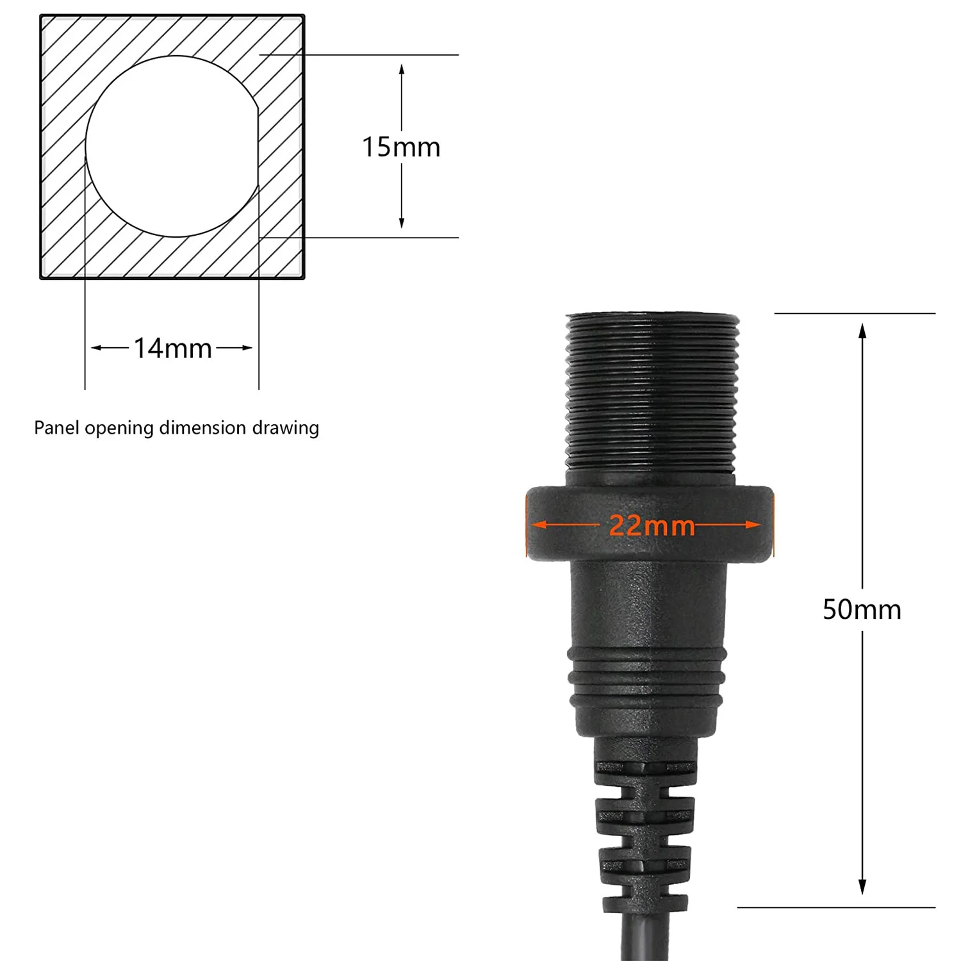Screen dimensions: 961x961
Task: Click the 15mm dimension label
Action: point(401,147)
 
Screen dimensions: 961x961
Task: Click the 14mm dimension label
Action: point(172,349)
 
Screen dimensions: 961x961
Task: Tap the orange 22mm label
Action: point(651,525)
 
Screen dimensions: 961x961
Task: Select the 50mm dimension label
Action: point(862,609)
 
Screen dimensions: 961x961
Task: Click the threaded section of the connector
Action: point(652,397)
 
